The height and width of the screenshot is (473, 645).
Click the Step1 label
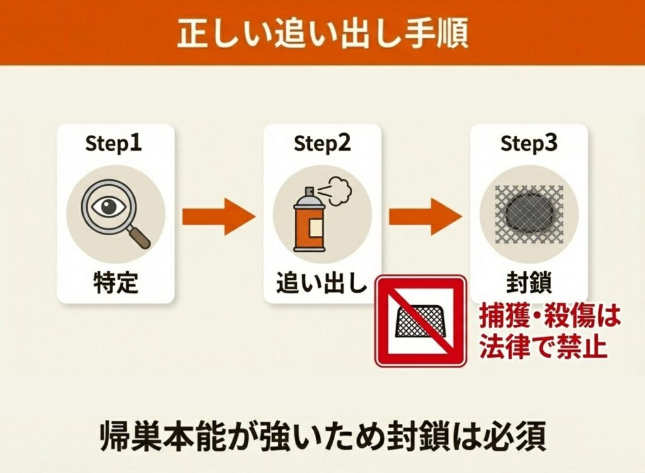(x=113, y=143)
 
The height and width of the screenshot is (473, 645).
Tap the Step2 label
(x=322, y=143)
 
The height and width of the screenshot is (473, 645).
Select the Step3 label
(x=528, y=143)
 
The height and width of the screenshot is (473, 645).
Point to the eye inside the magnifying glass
(x=108, y=206)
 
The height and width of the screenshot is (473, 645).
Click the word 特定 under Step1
(x=116, y=283)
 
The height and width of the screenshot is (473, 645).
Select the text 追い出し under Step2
(x=322, y=283)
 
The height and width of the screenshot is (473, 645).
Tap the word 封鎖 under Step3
(x=529, y=283)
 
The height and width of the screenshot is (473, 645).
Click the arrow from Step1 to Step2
(x=219, y=217)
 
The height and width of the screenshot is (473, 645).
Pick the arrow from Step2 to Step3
(x=425, y=217)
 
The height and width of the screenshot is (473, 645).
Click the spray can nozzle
(x=309, y=192)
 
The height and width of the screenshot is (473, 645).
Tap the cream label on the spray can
(x=316, y=228)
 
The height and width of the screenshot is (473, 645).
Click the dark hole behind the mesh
(x=529, y=214)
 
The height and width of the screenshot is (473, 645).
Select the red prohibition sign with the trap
(x=421, y=322)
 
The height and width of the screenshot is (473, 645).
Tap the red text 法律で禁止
(x=544, y=347)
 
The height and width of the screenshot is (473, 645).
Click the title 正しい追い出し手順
(x=323, y=32)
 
